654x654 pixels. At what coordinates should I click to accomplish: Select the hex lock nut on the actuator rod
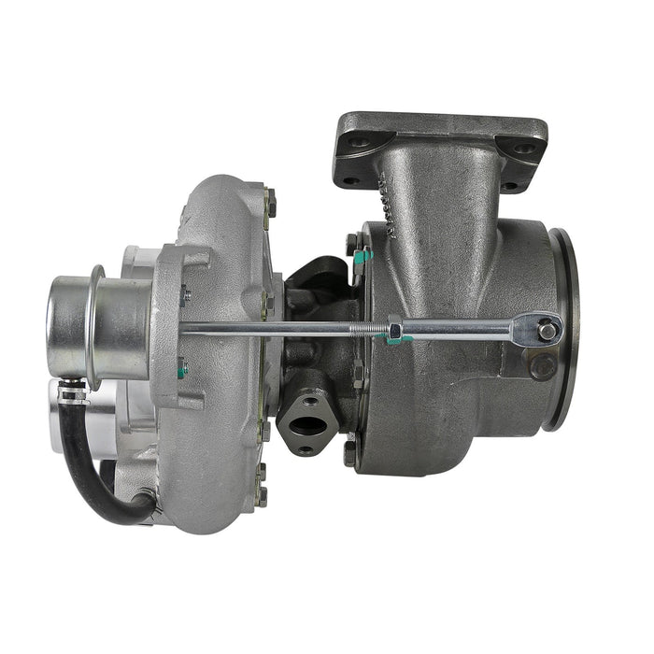point(395,329)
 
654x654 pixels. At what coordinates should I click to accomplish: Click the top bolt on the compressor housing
point(270,200)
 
